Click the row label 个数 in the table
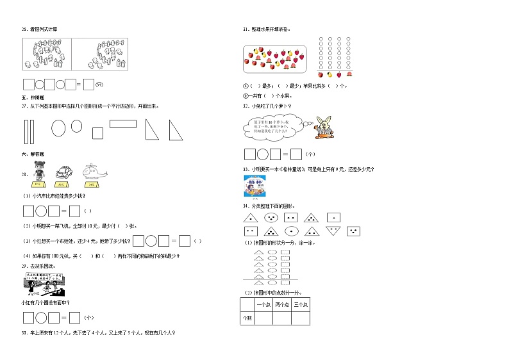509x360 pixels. pos(247,318)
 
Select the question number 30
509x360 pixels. pos(24,332)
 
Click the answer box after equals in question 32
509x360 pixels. pos(296,154)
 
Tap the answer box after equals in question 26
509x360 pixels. pos(89,83)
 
